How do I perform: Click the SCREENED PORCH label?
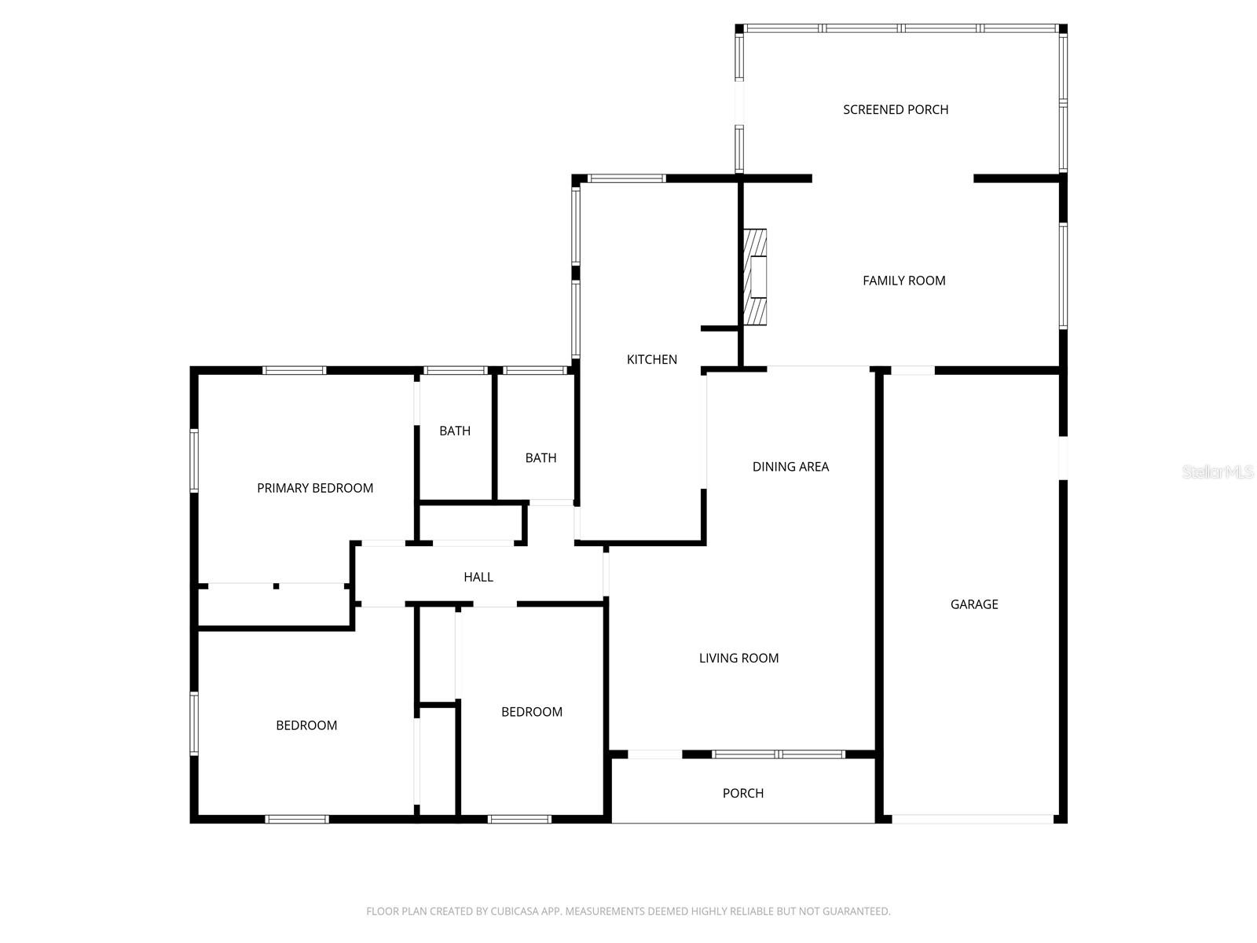tap(896, 109)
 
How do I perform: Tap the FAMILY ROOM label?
tap(903, 281)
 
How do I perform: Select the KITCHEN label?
tap(651, 359)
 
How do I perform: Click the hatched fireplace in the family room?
tap(756, 277)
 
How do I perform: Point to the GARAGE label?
tap(974, 604)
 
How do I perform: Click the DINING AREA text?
tap(790, 467)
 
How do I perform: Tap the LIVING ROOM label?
tap(738, 659)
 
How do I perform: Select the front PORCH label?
tap(742, 793)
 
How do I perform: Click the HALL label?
tap(478, 577)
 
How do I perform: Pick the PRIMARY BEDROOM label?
tap(315, 488)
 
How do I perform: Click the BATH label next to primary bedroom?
tap(455, 431)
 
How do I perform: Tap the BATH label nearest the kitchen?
tap(541, 457)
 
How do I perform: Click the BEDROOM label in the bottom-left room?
tap(306, 725)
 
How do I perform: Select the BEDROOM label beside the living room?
tap(532, 712)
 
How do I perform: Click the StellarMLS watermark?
tap(1218, 472)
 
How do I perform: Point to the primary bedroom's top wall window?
tap(295, 370)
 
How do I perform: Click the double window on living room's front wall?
tap(779, 754)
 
